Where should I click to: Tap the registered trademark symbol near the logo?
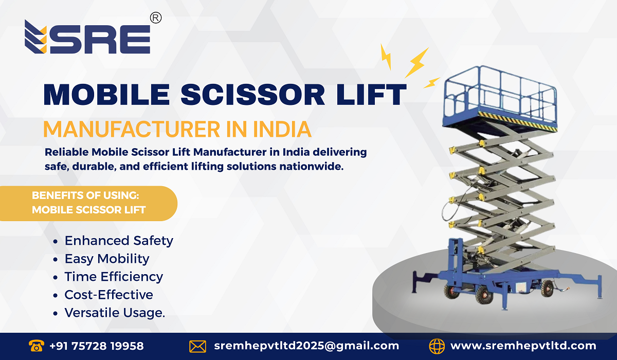(155, 18)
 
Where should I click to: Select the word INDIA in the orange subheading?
(282, 129)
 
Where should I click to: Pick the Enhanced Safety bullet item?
(119, 241)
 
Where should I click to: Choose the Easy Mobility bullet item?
(107, 259)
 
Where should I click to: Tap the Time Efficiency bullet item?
(114, 277)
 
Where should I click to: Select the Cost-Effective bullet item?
(108, 295)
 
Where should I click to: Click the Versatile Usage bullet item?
(115, 313)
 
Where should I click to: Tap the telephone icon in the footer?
(37, 346)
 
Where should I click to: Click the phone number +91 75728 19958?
(97, 346)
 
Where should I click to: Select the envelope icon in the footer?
(197, 346)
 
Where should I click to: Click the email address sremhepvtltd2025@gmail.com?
(306, 346)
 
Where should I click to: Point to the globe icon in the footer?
(437, 346)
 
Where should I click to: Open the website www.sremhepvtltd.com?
(523, 346)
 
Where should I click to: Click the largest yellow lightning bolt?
(416, 62)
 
